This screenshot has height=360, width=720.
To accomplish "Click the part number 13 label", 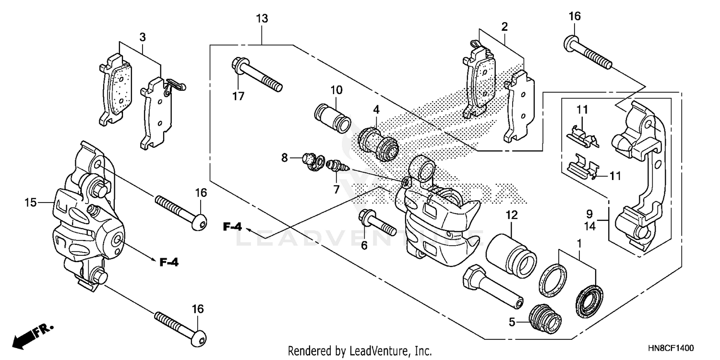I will point(262,19).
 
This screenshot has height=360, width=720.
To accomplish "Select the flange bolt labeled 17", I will point(256,74).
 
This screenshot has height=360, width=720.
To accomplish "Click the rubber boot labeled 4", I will point(378,140).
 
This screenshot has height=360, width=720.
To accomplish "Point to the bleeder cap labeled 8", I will point(311,162).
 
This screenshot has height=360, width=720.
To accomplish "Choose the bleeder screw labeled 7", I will point(336,169).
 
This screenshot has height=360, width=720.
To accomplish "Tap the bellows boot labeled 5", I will point(545,319).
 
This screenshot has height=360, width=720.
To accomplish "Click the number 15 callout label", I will point(31,203).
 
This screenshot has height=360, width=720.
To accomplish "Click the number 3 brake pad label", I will point(143,36).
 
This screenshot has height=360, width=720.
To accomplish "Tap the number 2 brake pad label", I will point(504,27).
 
